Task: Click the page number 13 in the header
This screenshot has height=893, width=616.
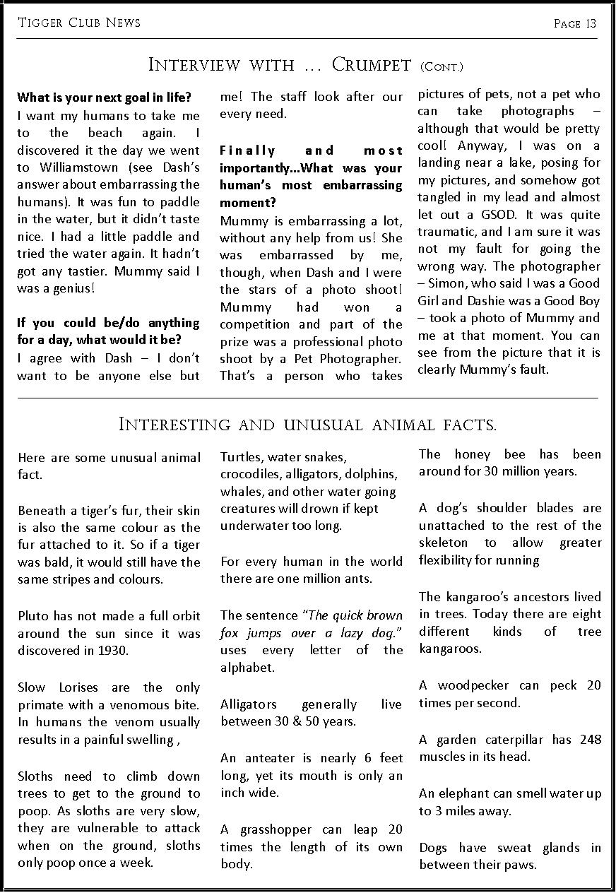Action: click(x=591, y=24)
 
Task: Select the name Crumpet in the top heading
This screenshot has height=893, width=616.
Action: click(x=371, y=66)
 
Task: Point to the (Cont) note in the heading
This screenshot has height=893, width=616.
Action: click(x=441, y=67)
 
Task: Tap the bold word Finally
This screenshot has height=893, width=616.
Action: click(x=247, y=150)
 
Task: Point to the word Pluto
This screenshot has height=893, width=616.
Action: click(x=32, y=615)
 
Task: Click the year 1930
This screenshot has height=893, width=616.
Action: click(x=113, y=650)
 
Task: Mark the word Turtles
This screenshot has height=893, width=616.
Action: click(x=241, y=457)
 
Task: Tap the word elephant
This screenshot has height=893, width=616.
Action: click(x=462, y=793)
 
